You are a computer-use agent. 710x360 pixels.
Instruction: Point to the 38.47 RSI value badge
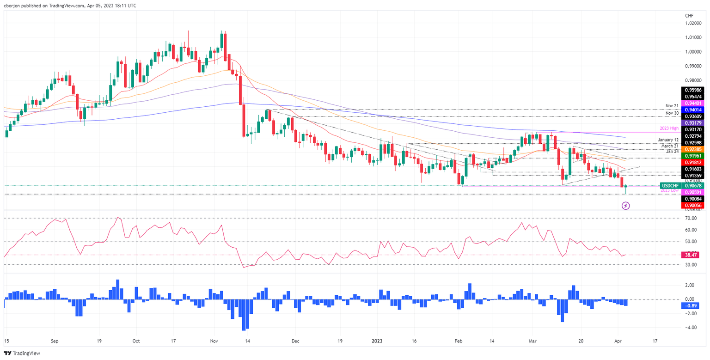(x=692, y=255)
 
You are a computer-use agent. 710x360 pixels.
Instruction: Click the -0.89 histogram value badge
(x=692, y=305)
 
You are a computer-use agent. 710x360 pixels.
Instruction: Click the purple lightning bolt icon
(x=626, y=218)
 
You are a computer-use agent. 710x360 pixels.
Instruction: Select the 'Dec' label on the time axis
(x=296, y=341)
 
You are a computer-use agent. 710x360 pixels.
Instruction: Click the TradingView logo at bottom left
(x=23, y=353)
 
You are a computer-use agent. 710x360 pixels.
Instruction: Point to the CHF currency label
(x=689, y=15)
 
